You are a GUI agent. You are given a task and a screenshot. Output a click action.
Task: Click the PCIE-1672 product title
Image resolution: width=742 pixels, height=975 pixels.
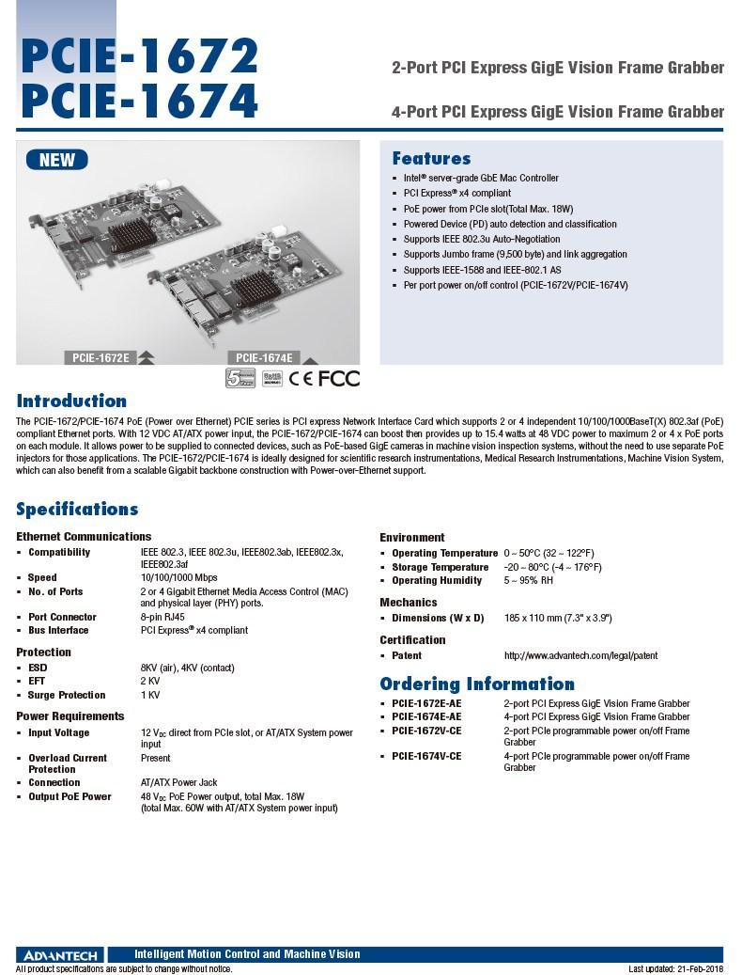tap(139, 56)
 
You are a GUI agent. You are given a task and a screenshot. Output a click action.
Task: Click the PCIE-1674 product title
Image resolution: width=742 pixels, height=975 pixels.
tap(139, 101)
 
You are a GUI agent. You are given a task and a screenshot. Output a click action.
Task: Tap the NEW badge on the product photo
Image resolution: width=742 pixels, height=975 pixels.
tap(56, 160)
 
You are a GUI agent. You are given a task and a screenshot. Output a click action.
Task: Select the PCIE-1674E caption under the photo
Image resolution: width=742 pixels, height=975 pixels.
tap(263, 357)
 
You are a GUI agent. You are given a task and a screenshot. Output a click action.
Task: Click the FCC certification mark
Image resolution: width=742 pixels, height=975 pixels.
tap(339, 378)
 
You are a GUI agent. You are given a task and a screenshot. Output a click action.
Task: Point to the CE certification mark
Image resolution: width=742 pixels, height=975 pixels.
tap(301, 378)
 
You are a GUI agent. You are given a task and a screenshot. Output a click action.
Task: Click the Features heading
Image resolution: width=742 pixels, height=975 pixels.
tap(431, 158)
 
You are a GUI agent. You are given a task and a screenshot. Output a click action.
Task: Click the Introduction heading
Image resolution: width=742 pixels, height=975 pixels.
tap(71, 401)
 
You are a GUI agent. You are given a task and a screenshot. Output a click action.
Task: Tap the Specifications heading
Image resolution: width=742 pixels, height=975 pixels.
tap(77, 509)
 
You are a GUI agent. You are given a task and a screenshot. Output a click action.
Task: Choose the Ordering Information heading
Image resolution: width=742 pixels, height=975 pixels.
tap(477, 684)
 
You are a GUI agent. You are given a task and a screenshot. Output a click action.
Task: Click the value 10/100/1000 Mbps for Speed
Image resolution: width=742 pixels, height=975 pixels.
tap(178, 577)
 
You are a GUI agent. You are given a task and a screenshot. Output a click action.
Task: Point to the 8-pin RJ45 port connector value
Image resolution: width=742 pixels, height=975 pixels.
tap(162, 617)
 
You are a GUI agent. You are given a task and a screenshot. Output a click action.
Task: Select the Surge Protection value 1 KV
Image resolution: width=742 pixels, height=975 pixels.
tap(150, 695)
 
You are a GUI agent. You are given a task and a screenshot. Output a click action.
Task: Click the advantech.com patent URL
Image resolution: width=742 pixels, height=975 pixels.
tap(580, 655)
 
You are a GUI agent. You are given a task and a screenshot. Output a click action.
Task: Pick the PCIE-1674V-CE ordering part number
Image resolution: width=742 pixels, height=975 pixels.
tap(426, 756)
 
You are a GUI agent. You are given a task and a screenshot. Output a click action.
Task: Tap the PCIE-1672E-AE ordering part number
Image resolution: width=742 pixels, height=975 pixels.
tap(426, 703)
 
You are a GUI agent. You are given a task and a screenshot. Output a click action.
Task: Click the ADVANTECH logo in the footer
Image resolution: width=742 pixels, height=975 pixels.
tap(56, 954)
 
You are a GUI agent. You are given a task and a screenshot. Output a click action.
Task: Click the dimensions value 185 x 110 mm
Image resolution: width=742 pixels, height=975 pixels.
tap(558, 618)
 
